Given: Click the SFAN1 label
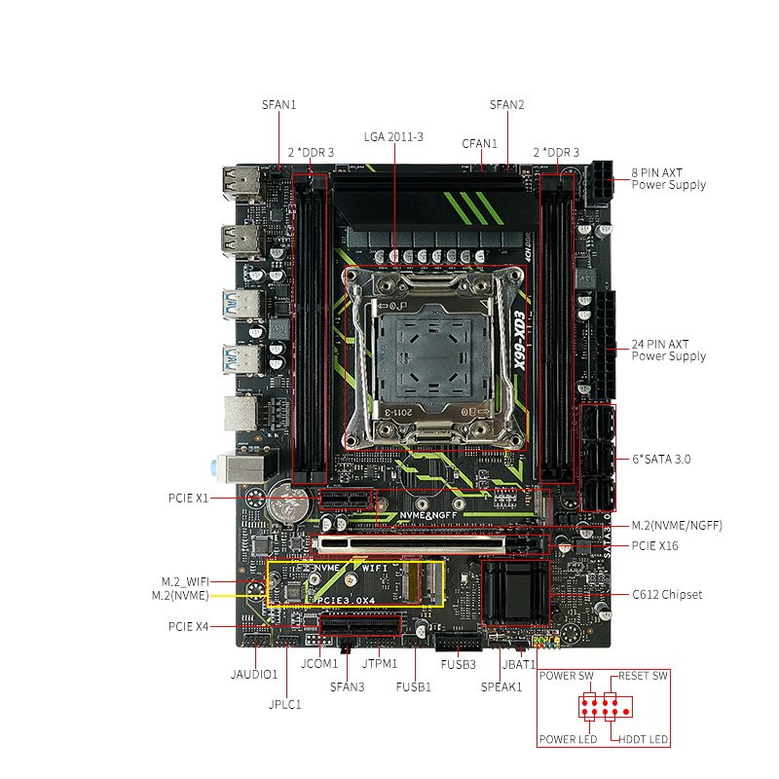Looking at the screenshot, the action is [x=278, y=105].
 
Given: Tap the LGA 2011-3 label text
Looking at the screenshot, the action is [x=393, y=137].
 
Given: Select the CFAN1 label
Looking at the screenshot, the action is [x=479, y=143].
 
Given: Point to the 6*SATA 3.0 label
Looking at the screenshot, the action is [x=661, y=459].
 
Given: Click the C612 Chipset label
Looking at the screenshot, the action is [x=667, y=595].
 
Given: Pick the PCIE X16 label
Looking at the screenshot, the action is [x=654, y=546].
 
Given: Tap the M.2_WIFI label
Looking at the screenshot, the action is [x=185, y=581].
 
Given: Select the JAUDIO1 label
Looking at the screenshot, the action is [x=254, y=674].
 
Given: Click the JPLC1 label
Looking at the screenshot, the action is [x=284, y=704].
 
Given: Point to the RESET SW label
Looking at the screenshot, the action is [x=643, y=676].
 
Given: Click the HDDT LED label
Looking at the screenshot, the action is [x=643, y=740].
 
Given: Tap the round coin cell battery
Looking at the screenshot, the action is [x=288, y=501].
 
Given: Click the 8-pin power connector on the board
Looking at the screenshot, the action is [x=600, y=184].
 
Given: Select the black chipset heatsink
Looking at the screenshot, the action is [x=515, y=592].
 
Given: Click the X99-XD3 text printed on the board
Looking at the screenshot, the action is [x=519, y=341].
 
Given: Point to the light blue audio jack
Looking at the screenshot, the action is [x=214, y=468].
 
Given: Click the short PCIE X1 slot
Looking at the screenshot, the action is [x=346, y=499].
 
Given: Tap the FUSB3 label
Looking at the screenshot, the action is [x=458, y=665].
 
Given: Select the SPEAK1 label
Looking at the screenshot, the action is [x=501, y=687].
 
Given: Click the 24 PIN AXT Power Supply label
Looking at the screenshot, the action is [x=668, y=351].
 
